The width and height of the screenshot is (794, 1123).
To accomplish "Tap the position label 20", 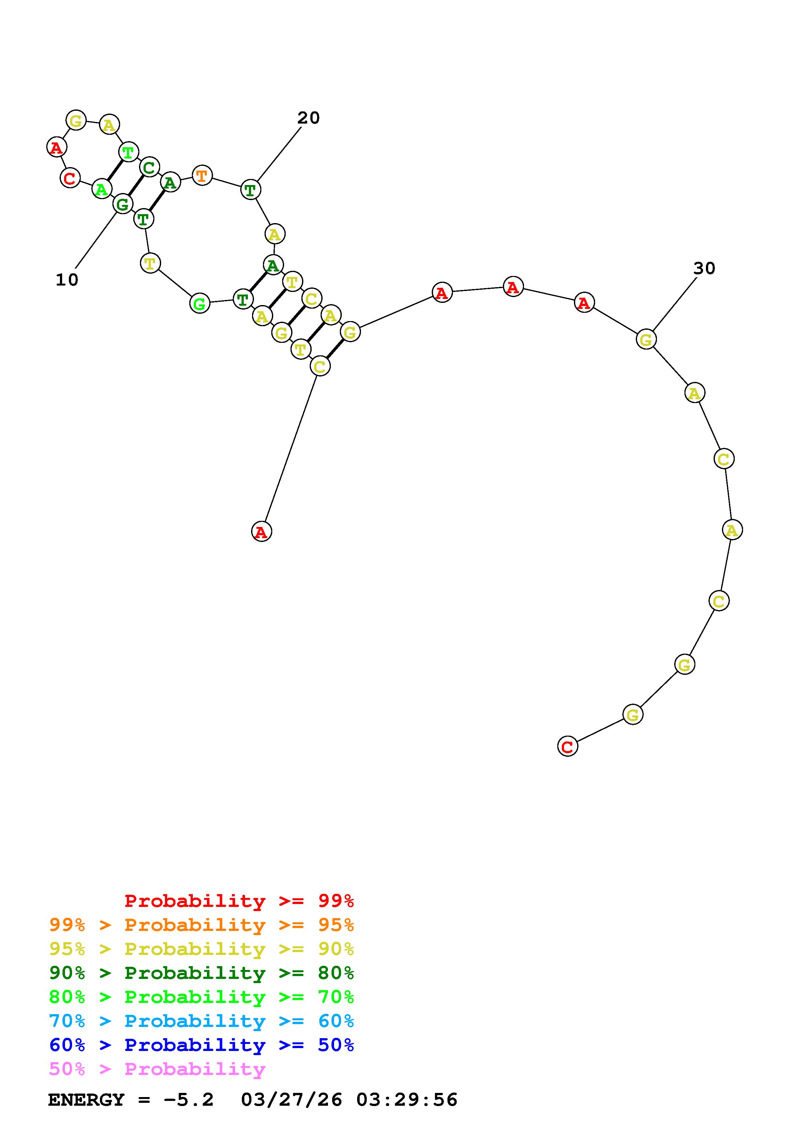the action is [309, 118].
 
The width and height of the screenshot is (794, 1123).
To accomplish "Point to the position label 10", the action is [67, 280].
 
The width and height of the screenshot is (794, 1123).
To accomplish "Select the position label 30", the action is [704, 268].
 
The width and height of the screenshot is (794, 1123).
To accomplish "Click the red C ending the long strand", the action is [568, 747].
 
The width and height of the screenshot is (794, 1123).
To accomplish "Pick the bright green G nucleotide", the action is [200, 303].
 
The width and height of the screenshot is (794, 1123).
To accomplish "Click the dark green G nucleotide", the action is [122, 204].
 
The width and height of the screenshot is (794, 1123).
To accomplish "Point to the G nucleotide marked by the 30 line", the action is [646, 339].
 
